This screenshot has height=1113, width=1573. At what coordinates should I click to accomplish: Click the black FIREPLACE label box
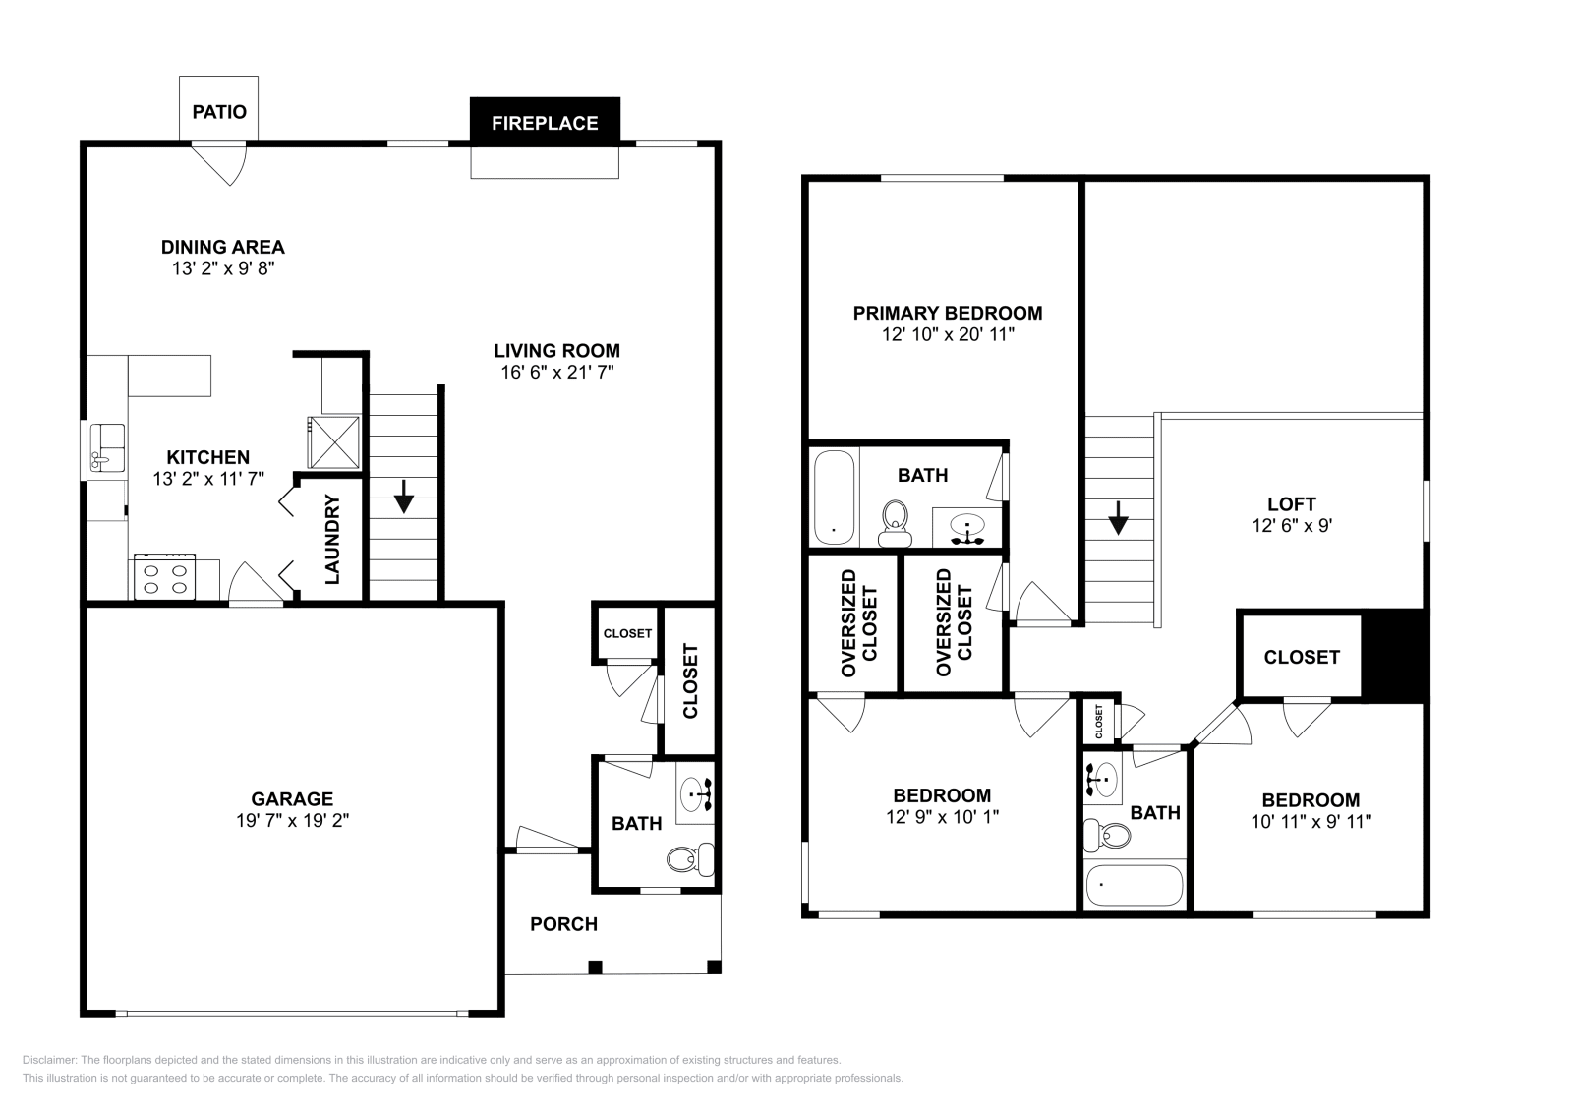[545, 122]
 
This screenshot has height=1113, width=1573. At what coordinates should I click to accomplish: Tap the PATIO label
[218, 111]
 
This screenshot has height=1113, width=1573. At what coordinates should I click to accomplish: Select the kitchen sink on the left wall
[107, 448]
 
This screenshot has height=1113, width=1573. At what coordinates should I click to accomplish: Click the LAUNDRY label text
[332, 540]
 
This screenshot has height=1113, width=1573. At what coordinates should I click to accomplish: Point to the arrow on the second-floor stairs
[1118, 518]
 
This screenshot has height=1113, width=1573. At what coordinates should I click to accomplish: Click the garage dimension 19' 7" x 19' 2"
[292, 821]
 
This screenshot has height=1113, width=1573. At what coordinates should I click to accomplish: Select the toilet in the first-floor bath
[691, 859]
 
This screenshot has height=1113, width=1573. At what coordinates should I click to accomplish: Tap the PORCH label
[563, 924]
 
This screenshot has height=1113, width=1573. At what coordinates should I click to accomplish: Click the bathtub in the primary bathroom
[834, 498]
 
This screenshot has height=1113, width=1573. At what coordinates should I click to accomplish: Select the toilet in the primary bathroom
[894, 522]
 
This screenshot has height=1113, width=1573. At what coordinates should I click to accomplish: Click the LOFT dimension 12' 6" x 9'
[1291, 526]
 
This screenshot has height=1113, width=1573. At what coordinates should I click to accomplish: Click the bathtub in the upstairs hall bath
[1134, 885]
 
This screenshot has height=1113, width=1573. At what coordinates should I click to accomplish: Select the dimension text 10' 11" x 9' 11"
[1311, 821]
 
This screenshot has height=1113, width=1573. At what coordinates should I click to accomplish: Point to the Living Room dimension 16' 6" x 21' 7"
[556, 372]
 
